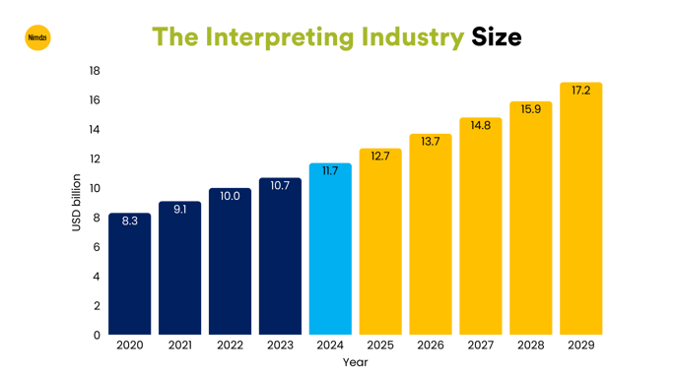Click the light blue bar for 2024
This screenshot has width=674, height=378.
point(330,251)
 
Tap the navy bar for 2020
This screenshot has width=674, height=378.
point(129,276)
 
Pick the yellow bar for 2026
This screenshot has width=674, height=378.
point(431,236)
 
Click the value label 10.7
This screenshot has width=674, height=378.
point(280,185)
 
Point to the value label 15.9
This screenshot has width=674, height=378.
point(530,108)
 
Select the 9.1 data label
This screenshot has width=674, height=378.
point(179,209)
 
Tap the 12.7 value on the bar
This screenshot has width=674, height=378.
point(380,156)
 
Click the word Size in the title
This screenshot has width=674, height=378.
point(496,37)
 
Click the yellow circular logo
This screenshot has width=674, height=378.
point(36,38)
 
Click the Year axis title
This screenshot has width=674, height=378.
point(355,362)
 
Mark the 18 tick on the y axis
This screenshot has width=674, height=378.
point(95,71)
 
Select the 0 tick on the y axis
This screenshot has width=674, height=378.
point(98,335)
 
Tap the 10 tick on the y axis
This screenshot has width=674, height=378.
point(95,188)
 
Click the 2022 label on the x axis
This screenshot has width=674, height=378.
point(230,346)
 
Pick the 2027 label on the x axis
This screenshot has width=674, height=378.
point(480,346)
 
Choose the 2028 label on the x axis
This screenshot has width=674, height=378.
point(530,346)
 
